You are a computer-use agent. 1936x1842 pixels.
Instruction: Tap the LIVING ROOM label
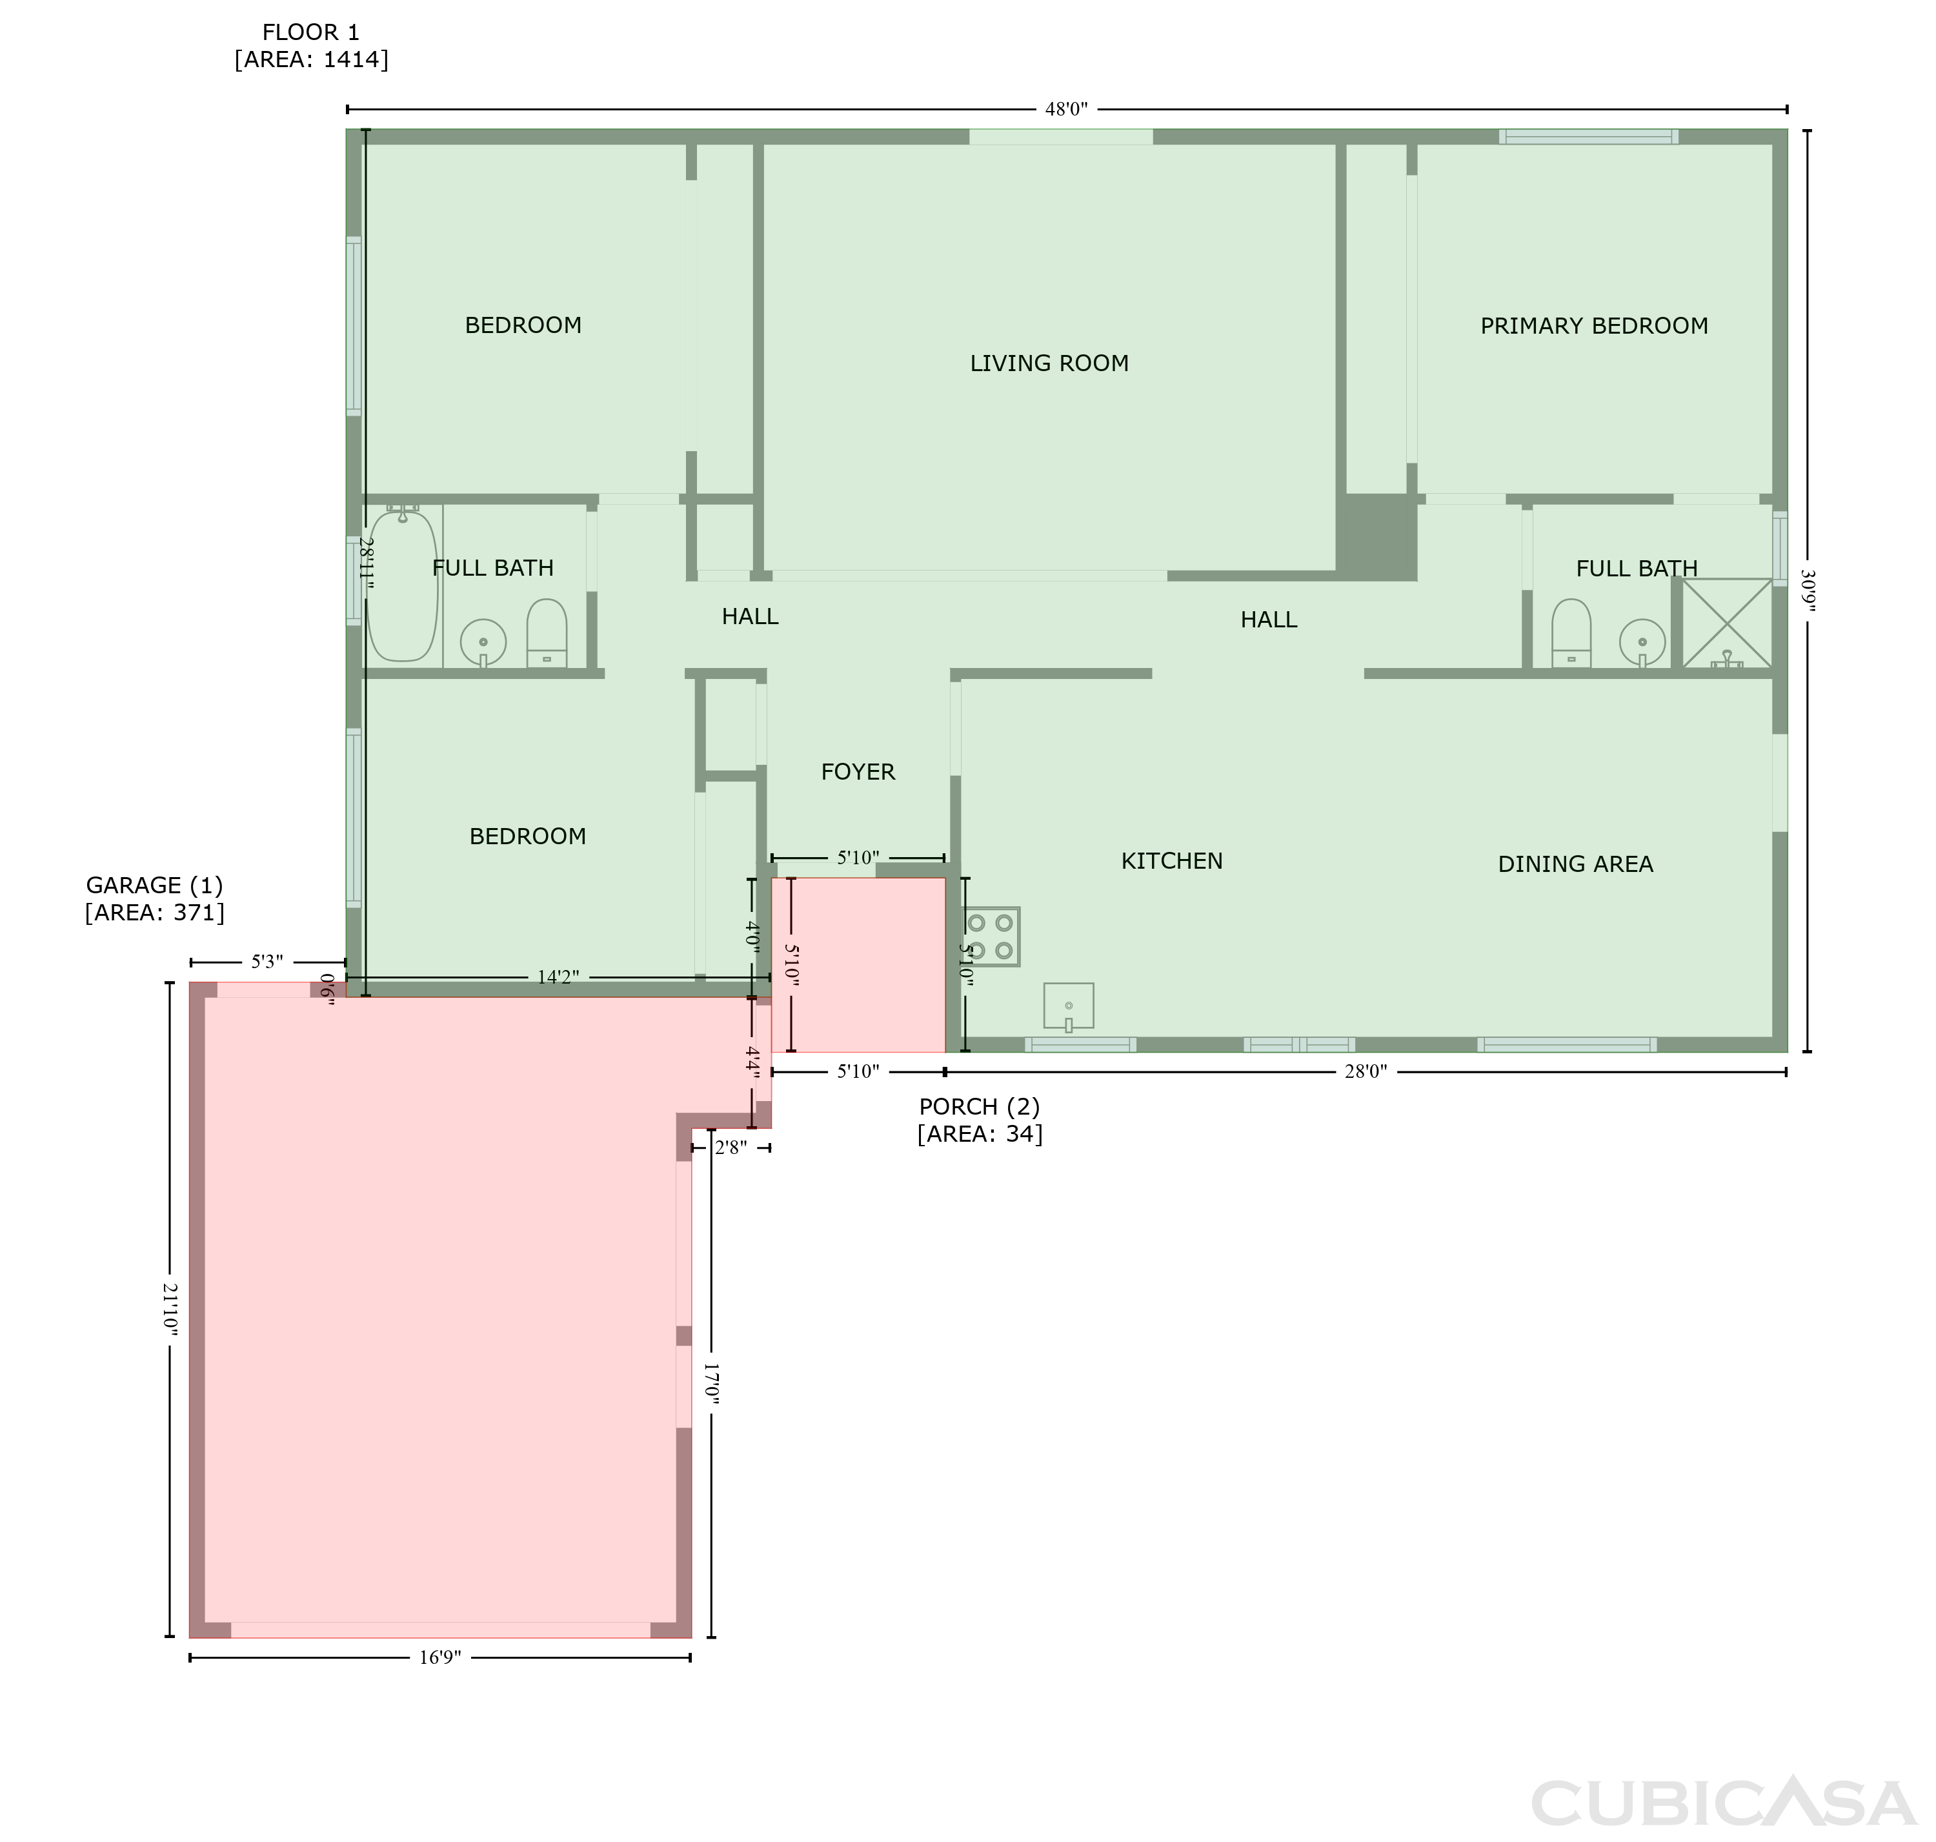click(x=1049, y=363)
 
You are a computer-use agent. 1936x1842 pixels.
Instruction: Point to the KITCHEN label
click(x=1171, y=861)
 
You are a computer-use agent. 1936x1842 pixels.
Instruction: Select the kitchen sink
click(x=1068, y=1006)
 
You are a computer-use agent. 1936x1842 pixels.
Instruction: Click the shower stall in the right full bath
click(x=1727, y=623)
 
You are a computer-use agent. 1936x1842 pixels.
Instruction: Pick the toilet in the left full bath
click(x=547, y=633)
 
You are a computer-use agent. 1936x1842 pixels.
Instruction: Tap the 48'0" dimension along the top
click(x=1066, y=109)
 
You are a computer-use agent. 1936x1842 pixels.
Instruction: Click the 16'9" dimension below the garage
click(x=440, y=1657)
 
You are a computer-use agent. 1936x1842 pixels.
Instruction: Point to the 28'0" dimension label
click(x=1366, y=1071)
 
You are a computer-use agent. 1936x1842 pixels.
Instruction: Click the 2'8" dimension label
click(x=731, y=1148)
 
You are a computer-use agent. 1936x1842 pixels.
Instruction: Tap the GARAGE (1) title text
click(x=155, y=886)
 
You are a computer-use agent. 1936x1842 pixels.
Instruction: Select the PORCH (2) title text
click(x=979, y=1107)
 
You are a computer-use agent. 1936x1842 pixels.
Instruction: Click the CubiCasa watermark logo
click(x=1723, y=1802)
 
